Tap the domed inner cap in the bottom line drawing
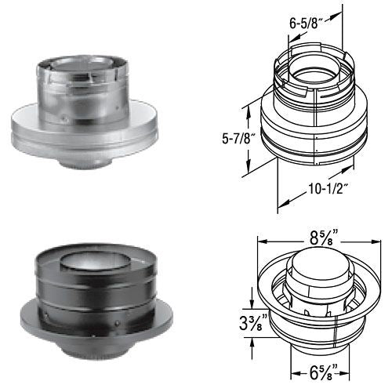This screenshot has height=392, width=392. click(314, 267)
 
